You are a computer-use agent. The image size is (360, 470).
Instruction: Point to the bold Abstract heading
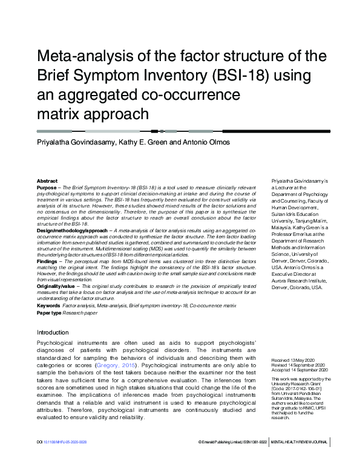click(47, 181)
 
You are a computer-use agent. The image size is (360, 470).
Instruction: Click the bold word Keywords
click(48, 306)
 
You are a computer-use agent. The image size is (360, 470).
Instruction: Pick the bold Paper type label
click(49, 313)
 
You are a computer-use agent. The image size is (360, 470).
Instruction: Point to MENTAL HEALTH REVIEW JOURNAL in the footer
click(299, 459)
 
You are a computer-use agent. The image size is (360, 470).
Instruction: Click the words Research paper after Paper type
click(80, 313)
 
